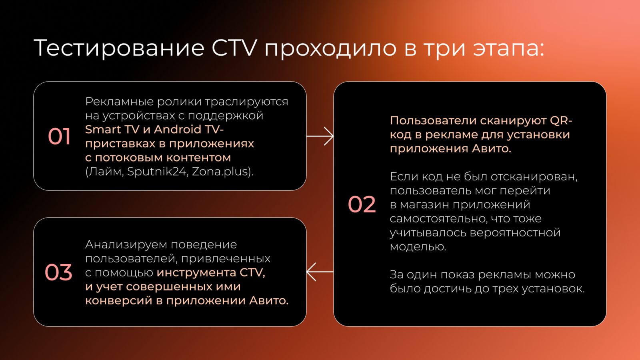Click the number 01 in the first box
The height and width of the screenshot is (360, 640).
(x=59, y=136)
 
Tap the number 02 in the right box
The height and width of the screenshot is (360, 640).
(x=362, y=204)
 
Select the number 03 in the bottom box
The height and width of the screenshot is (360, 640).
(x=58, y=272)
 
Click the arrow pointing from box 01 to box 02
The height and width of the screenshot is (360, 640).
(x=320, y=136)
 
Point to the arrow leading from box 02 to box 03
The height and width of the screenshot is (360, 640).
(x=320, y=272)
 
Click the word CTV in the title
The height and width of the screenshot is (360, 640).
(x=234, y=48)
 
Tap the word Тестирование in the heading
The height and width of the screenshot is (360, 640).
(x=119, y=48)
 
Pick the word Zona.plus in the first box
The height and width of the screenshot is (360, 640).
(x=220, y=172)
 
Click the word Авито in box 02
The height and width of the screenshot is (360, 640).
(x=491, y=148)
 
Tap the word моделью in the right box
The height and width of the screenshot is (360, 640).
(x=418, y=246)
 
